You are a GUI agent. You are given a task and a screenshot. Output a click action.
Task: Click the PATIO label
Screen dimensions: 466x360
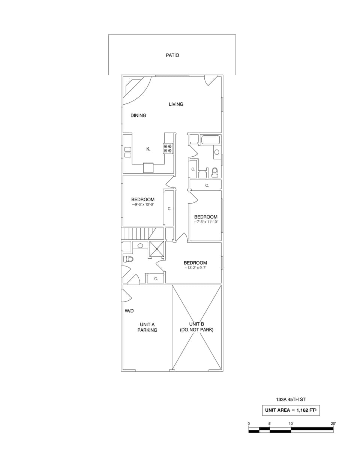172,55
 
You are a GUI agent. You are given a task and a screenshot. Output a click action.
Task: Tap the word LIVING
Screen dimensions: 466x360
176,104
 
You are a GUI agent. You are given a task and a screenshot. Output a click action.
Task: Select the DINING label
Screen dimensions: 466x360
138,115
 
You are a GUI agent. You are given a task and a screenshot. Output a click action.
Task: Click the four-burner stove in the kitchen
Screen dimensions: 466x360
168,148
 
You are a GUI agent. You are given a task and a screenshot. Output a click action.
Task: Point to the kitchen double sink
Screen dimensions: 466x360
128,152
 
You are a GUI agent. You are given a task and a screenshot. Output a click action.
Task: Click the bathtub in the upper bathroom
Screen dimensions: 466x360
210,140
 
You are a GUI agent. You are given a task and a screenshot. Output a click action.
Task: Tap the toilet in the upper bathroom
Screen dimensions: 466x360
214,172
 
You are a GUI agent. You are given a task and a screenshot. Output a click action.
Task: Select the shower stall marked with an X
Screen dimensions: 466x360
157,249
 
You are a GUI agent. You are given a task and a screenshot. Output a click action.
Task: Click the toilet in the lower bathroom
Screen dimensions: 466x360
128,259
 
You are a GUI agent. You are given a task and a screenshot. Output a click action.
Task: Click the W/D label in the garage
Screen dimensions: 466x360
129,311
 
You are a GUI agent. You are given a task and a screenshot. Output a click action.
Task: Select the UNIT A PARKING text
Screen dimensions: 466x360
147,327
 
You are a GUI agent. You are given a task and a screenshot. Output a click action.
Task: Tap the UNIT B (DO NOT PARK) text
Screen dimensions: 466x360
196,327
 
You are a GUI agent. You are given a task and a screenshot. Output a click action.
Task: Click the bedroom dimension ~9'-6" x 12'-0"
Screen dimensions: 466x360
142,205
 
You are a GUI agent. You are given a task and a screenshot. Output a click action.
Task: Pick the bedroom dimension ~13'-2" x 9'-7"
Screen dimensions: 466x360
195,268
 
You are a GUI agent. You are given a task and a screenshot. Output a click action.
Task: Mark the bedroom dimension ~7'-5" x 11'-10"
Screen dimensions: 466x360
205,222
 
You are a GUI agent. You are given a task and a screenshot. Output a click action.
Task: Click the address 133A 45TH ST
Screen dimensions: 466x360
291,400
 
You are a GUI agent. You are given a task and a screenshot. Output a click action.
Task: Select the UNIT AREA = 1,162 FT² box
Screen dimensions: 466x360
291,410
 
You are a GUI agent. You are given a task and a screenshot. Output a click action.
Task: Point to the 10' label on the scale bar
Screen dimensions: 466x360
291,424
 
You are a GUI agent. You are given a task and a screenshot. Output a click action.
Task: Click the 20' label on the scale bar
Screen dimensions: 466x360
333,424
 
